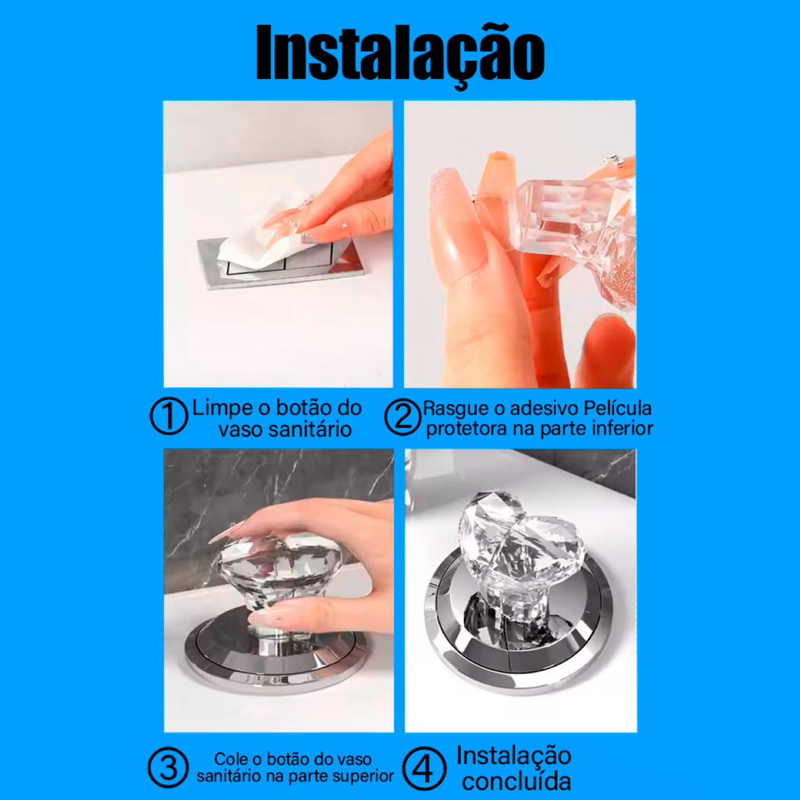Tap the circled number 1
coord(169,416)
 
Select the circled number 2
coord(402,416)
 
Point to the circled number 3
coord(169,767)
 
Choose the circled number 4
coord(423,767)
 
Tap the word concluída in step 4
coord(516,781)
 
